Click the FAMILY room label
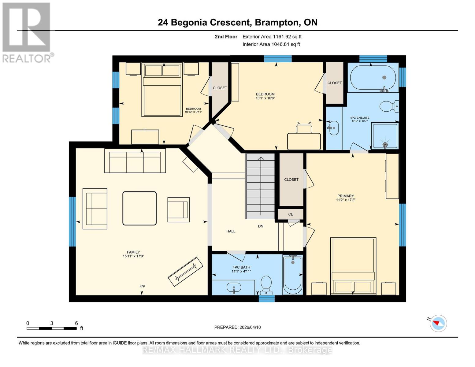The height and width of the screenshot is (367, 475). click(x=133, y=252)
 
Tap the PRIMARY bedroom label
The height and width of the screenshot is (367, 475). click(x=346, y=196)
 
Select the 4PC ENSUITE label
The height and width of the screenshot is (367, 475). click(x=360, y=118)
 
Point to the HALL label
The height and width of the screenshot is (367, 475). click(x=231, y=231)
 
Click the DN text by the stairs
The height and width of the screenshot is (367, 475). click(x=261, y=226)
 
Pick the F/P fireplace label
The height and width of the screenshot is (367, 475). click(x=142, y=286)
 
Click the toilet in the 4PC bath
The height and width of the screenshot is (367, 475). click(x=266, y=285)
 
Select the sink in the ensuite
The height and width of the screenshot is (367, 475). click(x=333, y=128)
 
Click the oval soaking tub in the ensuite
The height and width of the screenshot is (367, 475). click(x=373, y=78)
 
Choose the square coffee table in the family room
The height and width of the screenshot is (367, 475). click(x=139, y=208)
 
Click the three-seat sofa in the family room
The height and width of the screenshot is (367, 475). click(x=135, y=161)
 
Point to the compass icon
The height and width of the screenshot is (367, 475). click(x=438, y=323)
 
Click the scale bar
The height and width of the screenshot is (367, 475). click(x=51, y=328)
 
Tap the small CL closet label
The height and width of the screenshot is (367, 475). click(x=291, y=214)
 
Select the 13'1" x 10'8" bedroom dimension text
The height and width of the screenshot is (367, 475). click(x=265, y=98)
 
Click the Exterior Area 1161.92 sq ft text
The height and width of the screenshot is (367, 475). click(x=272, y=37)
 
